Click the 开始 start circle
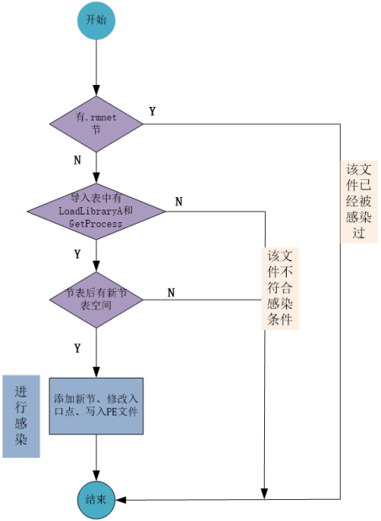pyautogui.click(x=96, y=21)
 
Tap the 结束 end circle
pyautogui.click(x=96, y=500)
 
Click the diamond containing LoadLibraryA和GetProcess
pyautogui.click(x=96, y=210)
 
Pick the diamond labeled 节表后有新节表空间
pyautogui.click(x=96, y=300)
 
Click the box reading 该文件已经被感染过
pyautogui.click(x=359, y=202)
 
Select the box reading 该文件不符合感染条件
pyautogui.click(x=280, y=289)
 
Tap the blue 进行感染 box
pyautogui.click(x=21, y=417)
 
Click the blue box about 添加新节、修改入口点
pyautogui.click(x=96, y=406)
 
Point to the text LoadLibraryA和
pyautogui.click(x=96, y=210)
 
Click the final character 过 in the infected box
pyautogui.click(x=359, y=233)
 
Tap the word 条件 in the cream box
pyautogui.click(x=280, y=321)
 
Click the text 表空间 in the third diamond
pyautogui.click(x=96, y=306)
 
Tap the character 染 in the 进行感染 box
pyautogui.click(x=21, y=440)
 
